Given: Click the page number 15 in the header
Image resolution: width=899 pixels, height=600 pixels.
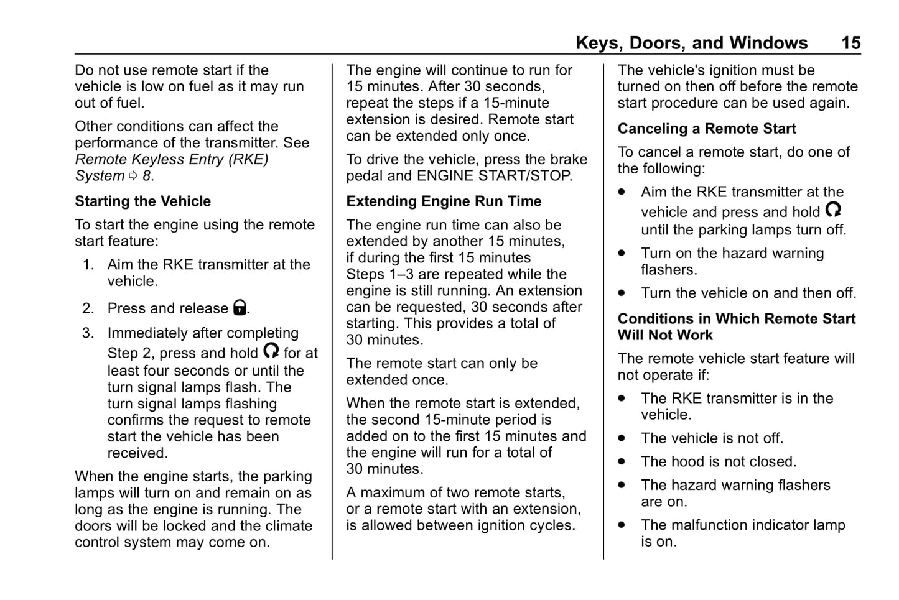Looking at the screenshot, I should click(850, 43).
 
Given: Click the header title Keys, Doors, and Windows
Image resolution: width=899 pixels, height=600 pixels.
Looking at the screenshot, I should click(691, 43).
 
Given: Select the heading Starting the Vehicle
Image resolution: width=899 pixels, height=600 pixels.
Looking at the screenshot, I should click(142, 201).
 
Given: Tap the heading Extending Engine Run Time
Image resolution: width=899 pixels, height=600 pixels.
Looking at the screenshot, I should click(444, 201).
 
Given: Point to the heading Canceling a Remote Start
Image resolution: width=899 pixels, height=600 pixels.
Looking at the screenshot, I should click(707, 129).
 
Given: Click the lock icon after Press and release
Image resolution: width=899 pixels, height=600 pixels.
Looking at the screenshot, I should click(240, 307).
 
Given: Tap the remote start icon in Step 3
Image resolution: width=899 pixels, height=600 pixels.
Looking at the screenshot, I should click(271, 351).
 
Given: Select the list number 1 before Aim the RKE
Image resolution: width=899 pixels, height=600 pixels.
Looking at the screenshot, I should click(88, 265).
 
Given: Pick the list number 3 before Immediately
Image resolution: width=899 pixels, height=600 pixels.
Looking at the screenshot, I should click(88, 333).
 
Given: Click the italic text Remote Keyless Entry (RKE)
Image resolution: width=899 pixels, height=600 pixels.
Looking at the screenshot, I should click(172, 159).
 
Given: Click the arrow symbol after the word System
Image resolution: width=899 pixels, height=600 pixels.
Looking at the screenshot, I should click(133, 176).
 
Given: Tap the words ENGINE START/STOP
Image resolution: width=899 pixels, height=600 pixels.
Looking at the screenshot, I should click(494, 176).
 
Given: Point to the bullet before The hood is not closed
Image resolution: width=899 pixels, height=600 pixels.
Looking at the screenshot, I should click(622, 462).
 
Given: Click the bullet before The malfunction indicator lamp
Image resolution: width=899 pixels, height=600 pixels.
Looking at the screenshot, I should click(622, 525).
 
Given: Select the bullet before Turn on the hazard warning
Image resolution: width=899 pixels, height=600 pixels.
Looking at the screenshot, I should click(622, 254).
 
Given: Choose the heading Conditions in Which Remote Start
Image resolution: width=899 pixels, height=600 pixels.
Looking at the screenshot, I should click(737, 319).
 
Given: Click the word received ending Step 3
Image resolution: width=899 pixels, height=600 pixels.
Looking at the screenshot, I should click(136, 453).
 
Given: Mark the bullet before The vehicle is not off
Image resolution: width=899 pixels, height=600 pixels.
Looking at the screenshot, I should click(622, 438).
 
